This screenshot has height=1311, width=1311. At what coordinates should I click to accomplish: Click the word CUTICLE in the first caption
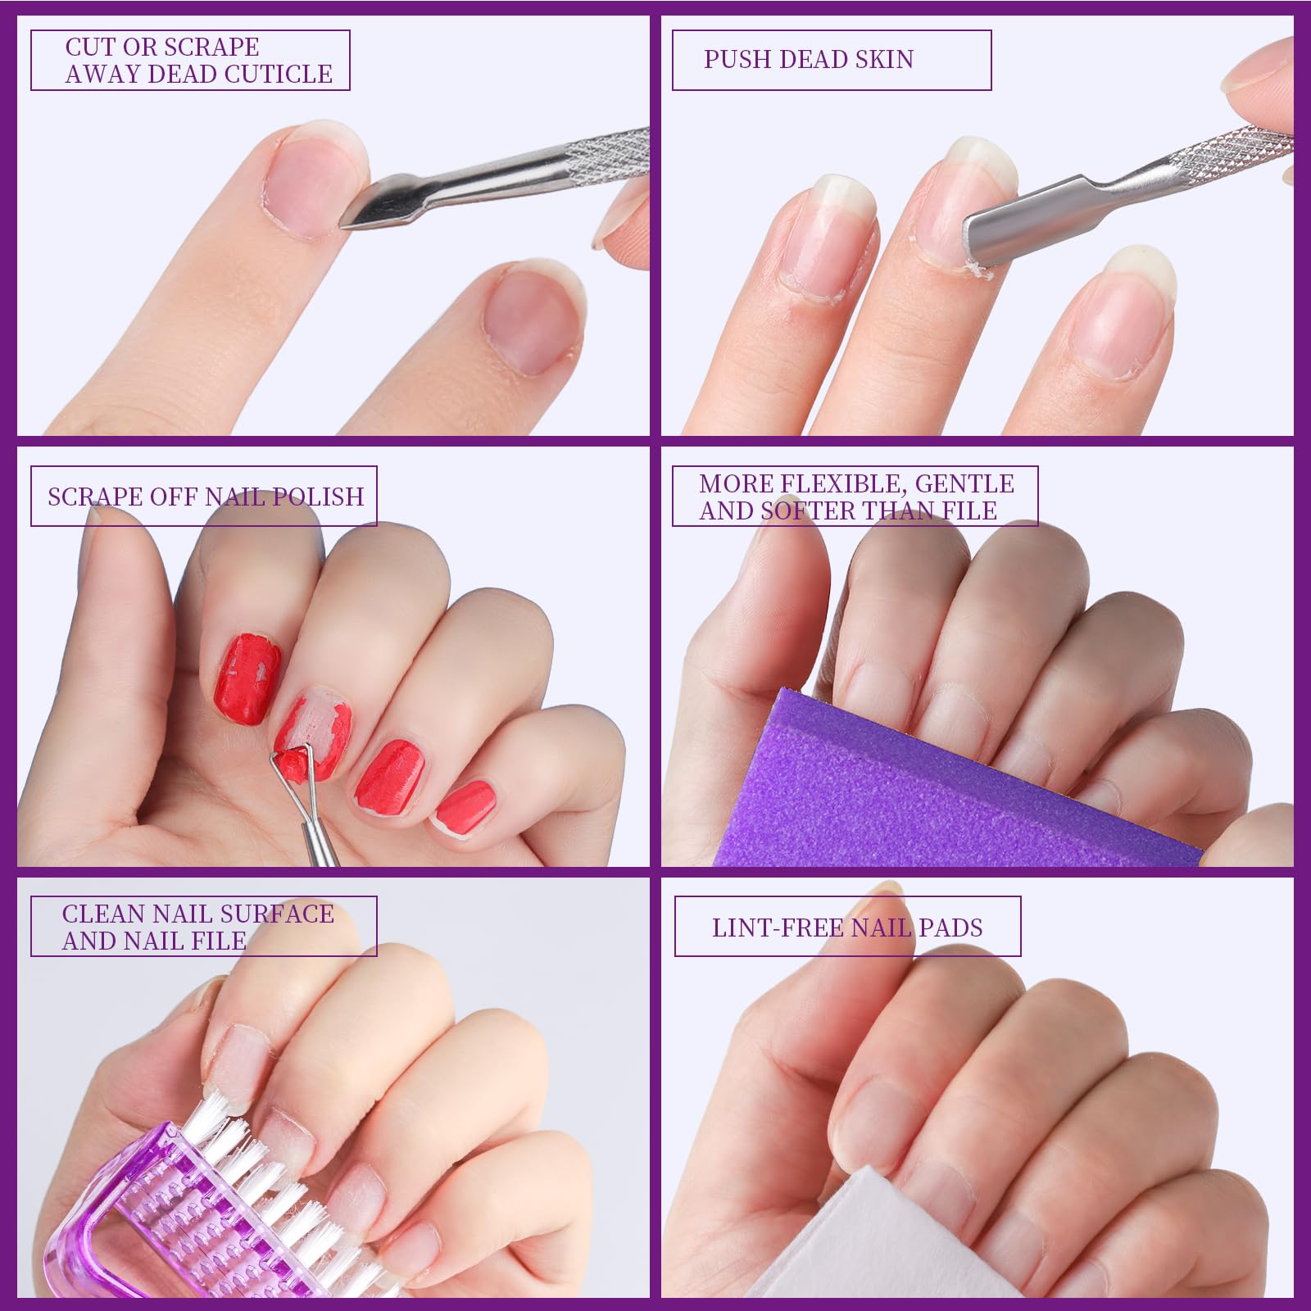pos(278,74)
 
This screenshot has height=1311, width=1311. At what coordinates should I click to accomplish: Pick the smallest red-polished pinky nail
pos(465,804)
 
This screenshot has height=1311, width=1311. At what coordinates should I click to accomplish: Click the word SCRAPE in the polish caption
pos(89,497)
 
